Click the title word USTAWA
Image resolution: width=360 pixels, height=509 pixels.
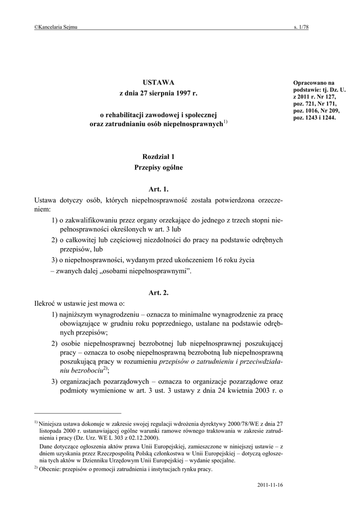[159, 82]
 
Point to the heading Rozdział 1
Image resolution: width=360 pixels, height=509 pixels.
[159, 157]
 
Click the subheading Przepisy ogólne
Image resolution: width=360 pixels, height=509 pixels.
[159, 168]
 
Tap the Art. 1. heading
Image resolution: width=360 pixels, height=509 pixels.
[159, 189]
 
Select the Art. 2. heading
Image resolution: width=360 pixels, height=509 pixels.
[159, 293]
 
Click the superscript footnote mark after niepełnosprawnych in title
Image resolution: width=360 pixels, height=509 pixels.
[225, 123]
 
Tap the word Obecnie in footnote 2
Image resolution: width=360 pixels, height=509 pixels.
[51, 469]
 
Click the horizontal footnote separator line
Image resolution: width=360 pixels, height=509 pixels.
[78, 413]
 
